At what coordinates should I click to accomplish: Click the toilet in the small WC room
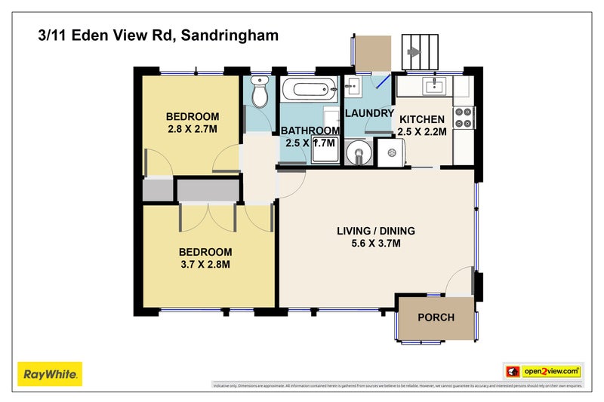(259, 93)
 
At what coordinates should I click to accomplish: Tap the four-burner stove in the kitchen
(462, 117)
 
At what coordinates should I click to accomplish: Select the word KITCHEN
(422, 119)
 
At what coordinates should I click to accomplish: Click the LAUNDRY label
(369, 113)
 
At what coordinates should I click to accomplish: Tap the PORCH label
(436, 317)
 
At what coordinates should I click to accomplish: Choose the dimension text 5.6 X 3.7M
(375, 244)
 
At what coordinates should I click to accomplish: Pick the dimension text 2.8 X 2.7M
(192, 129)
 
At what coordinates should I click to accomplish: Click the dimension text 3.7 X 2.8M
(205, 264)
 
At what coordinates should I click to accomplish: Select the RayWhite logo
(49, 373)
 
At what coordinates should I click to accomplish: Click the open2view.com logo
(542, 371)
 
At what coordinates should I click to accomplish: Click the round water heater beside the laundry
(357, 155)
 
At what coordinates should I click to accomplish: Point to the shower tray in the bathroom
(326, 151)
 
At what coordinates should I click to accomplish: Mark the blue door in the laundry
(384, 81)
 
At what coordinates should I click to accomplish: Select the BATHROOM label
(310, 130)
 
